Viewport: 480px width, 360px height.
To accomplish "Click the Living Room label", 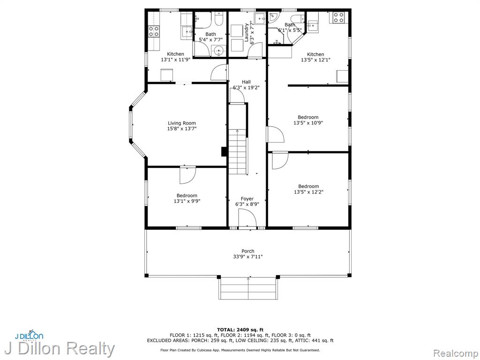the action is click(x=181, y=123).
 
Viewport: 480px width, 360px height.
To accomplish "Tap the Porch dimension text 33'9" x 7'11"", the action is click(x=248, y=256).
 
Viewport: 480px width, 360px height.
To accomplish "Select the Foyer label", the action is click(x=247, y=199).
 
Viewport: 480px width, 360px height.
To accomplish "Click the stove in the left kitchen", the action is click(x=154, y=31).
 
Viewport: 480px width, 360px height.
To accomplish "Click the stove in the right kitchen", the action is click(x=338, y=17).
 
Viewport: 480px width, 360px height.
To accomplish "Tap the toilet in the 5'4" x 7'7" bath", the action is click(x=218, y=19).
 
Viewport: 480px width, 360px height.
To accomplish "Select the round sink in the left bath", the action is click(x=218, y=50).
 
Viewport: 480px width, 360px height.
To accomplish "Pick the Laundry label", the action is click(x=247, y=32).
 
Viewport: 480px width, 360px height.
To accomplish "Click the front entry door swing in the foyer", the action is click(x=247, y=218).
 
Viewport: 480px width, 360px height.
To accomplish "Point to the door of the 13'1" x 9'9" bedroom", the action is click(x=187, y=175).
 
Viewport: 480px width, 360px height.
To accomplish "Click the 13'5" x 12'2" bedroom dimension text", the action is click(x=308, y=192).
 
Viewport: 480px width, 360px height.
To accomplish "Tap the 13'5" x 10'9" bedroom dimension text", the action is click(x=308, y=123).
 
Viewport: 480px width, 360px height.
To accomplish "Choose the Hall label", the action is click(x=246, y=82).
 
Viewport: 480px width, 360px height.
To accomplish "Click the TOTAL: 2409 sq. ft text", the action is click(x=240, y=330).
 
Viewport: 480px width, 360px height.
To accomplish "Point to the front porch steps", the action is click(x=248, y=289).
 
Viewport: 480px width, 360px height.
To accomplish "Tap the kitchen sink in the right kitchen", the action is click(x=313, y=26).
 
